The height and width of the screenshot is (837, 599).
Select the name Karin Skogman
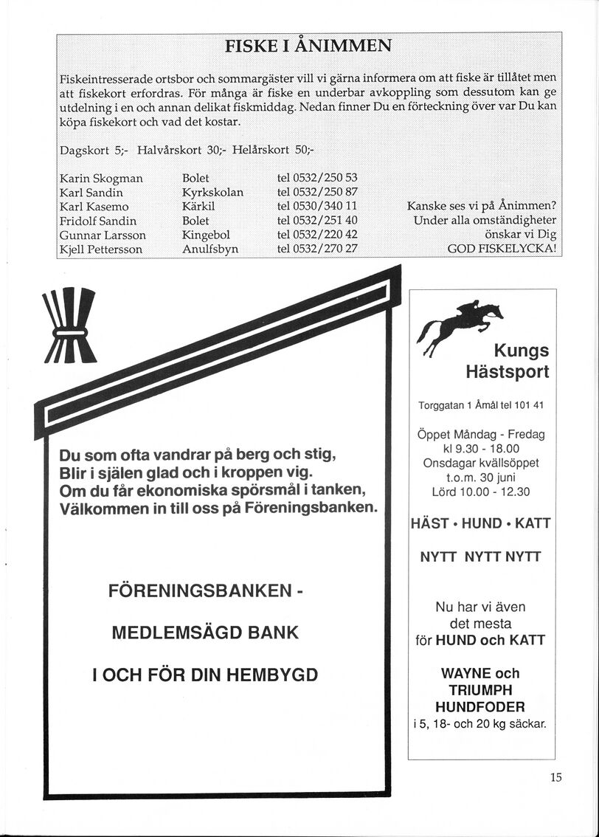(x=101, y=179)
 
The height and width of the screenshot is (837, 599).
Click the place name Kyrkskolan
(x=213, y=193)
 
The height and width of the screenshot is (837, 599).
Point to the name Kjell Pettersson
(x=100, y=249)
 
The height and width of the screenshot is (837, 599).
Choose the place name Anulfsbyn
(x=210, y=249)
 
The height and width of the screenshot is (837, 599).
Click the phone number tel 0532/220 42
(x=317, y=235)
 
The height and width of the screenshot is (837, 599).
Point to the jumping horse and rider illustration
(x=460, y=323)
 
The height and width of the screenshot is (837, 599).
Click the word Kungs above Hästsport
(x=521, y=350)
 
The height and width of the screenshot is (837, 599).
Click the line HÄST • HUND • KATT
(x=480, y=523)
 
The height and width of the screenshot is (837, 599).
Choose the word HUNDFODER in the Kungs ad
(x=480, y=707)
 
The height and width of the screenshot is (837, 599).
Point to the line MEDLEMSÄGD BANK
(x=205, y=633)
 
